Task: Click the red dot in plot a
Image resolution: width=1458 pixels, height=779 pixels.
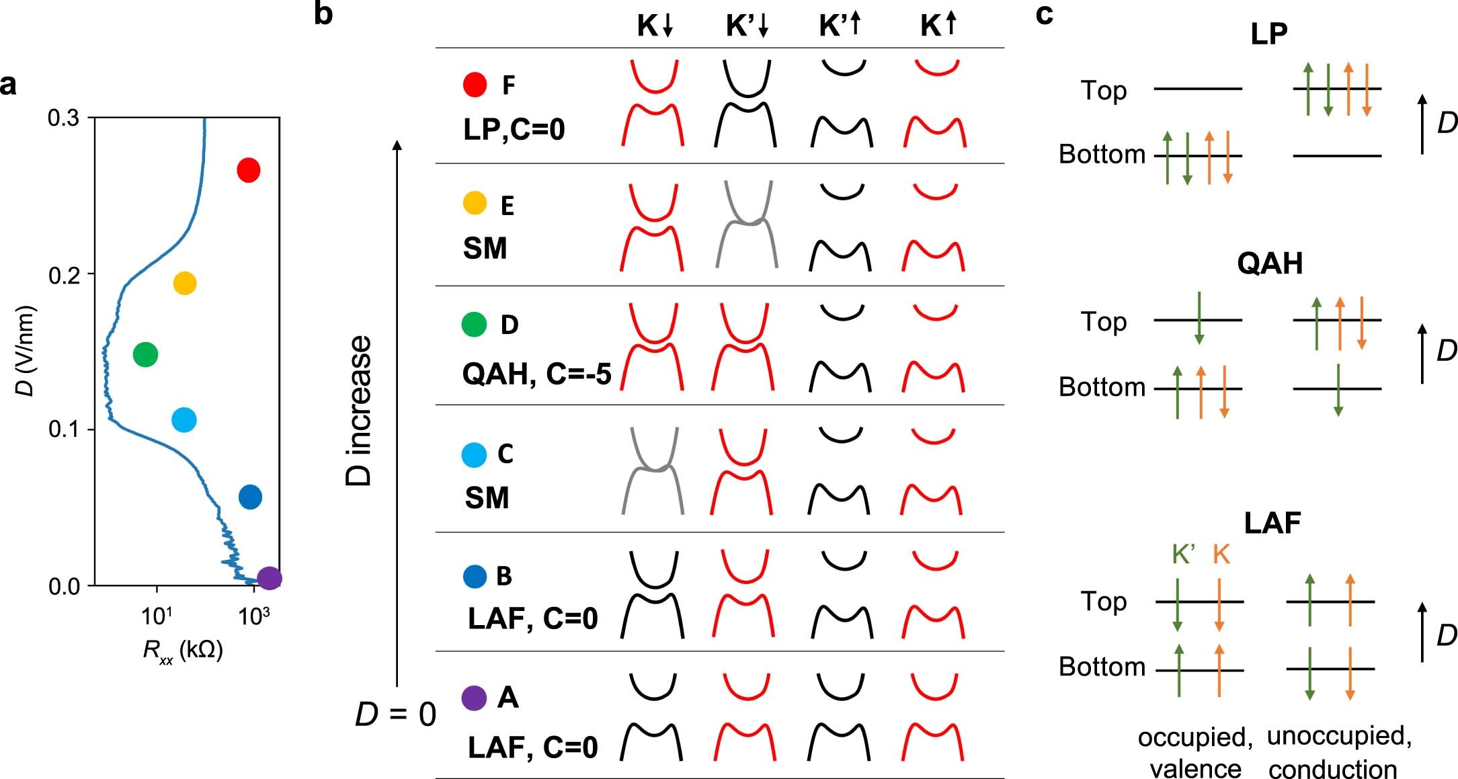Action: point(248,170)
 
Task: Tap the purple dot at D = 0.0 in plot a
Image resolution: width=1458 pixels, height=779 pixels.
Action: point(269,577)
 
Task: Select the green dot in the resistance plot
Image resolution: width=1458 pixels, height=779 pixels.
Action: point(145,354)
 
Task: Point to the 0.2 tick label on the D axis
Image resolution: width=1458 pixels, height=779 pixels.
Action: point(63,274)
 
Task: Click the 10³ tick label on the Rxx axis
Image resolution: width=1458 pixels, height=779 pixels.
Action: point(253,616)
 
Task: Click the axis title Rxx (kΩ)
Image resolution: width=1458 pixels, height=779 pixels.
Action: point(183,650)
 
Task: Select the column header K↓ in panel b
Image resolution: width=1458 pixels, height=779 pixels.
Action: point(655,26)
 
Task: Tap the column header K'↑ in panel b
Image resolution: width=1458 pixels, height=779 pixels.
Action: point(840,26)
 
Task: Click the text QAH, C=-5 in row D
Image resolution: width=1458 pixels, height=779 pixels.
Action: point(536,374)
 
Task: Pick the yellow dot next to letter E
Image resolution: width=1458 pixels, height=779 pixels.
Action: point(475,203)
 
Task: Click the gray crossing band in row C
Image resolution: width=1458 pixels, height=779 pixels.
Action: point(653,470)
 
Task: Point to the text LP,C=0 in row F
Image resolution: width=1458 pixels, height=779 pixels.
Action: point(514,129)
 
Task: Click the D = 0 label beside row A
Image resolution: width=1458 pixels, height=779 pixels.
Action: point(395,714)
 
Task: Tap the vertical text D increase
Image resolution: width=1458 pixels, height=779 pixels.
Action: point(358,410)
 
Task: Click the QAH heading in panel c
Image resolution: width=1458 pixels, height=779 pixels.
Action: point(1269,263)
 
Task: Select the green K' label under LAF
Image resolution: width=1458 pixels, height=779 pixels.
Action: point(1183,555)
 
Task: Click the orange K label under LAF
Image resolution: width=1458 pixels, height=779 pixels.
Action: point(1221,555)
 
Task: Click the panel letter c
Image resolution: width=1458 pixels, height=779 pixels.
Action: point(1044,13)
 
